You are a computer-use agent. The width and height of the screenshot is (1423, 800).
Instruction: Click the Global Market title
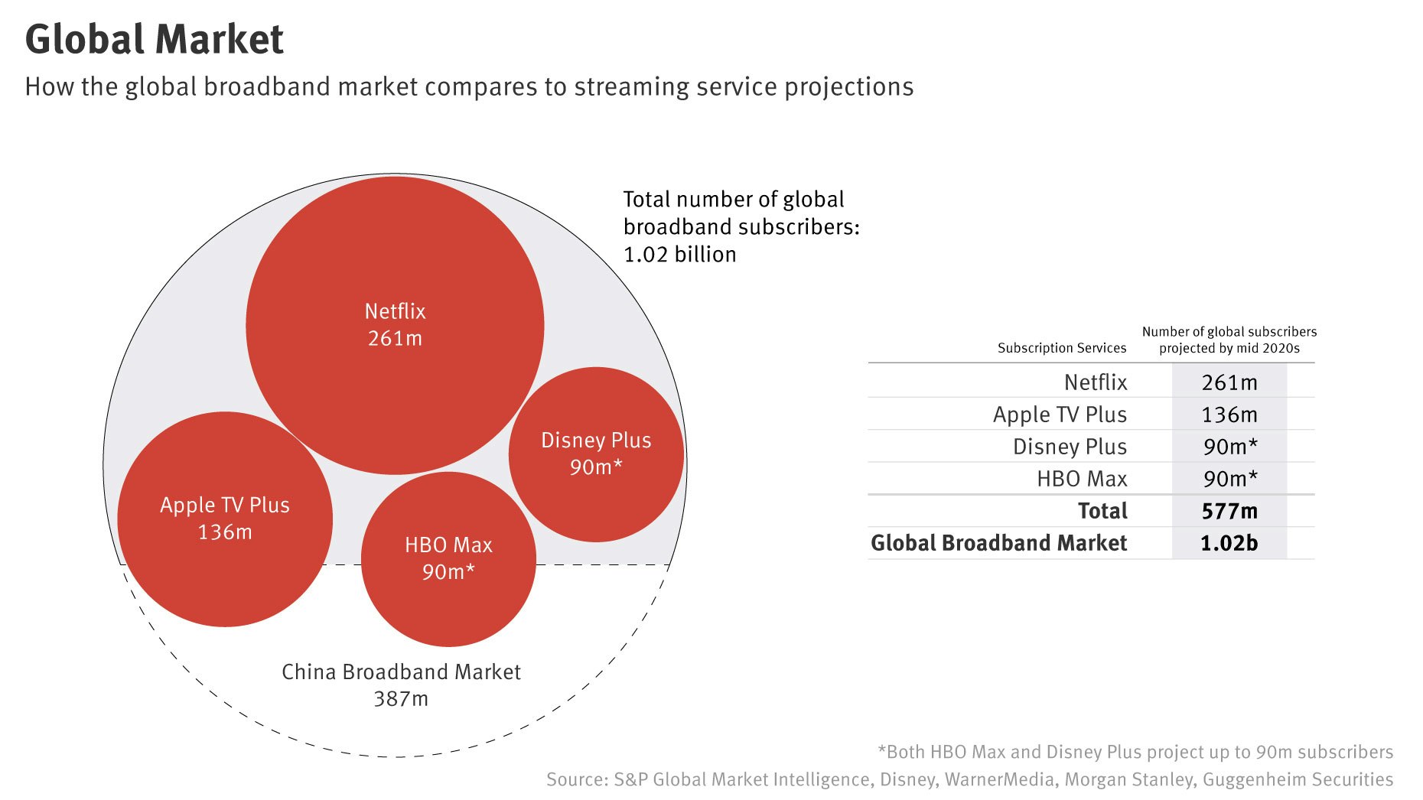(x=154, y=40)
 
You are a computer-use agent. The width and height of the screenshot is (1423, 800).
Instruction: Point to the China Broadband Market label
(x=401, y=672)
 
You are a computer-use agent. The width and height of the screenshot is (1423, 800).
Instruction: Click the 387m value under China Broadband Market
(x=401, y=699)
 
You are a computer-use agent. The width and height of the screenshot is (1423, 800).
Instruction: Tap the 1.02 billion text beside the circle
(x=679, y=255)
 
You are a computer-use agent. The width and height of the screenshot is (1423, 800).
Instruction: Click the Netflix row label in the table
(x=1096, y=382)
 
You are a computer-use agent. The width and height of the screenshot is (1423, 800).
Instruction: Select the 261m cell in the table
(x=1229, y=382)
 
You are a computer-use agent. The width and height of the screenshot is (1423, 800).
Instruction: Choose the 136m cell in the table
(x=1229, y=415)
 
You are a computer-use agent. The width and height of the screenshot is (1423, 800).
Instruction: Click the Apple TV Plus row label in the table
(x=1060, y=415)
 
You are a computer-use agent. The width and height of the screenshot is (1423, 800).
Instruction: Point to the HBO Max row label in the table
(x=1082, y=479)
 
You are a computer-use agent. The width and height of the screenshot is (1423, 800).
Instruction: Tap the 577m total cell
(x=1229, y=511)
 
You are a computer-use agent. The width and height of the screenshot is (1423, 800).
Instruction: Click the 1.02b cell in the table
(x=1229, y=543)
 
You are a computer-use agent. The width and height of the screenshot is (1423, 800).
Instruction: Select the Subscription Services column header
(x=1061, y=348)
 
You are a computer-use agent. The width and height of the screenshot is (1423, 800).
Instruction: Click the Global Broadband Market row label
(x=998, y=543)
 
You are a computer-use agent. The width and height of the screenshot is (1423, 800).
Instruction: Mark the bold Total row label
(x=1102, y=511)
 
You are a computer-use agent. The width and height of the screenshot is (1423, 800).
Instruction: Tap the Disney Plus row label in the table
(x=1070, y=447)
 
